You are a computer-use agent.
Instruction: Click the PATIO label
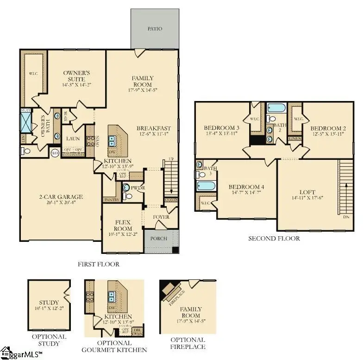[155, 29]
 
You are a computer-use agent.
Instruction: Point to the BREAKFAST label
[154, 128]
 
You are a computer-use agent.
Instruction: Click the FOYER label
[161, 217]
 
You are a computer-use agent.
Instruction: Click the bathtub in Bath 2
[276, 108]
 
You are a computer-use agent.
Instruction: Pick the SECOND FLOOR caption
[274, 239]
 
